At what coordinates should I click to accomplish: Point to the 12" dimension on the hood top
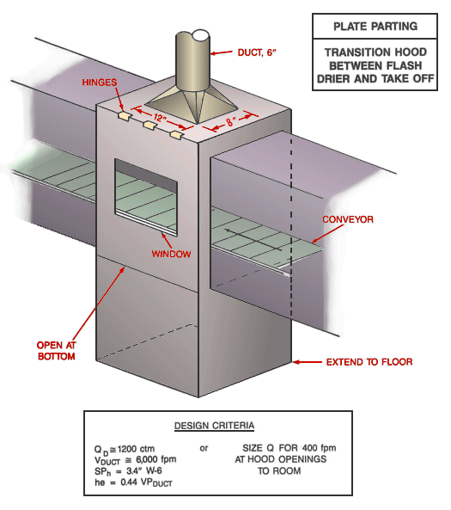(x=159, y=116)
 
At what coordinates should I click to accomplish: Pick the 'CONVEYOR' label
(x=348, y=219)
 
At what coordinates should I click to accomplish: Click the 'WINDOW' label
(x=170, y=254)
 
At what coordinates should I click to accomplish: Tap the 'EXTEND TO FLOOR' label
(x=369, y=362)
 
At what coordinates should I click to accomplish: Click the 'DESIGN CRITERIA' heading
(x=215, y=425)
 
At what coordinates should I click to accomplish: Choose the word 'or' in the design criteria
(x=204, y=448)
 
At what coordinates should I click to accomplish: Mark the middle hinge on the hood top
(x=151, y=126)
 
